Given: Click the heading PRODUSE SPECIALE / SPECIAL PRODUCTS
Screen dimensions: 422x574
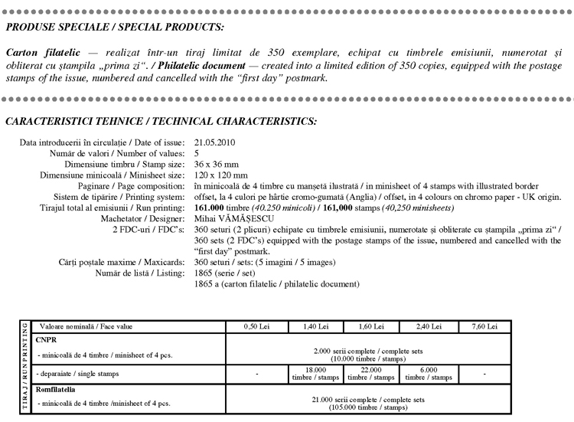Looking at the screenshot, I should (x=115, y=28).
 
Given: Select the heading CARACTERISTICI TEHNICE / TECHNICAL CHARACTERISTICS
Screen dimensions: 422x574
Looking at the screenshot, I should (x=161, y=122).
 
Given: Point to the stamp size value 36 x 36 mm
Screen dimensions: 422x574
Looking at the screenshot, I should (x=217, y=164).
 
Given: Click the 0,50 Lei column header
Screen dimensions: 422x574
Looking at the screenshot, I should (x=257, y=327).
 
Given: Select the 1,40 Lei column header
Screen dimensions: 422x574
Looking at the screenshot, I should (x=315, y=327).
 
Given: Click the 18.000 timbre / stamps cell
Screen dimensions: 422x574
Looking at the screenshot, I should (x=315, y=373).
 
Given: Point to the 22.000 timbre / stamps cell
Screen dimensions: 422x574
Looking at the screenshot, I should (x=372, y=373).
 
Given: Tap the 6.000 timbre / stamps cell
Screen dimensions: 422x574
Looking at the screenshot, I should (x=429, y=373).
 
